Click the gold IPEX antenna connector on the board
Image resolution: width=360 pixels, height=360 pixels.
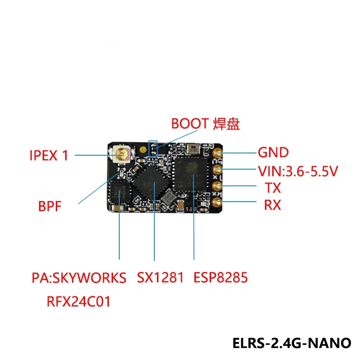coord(122,155)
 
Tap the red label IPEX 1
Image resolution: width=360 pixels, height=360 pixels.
coord(49,156)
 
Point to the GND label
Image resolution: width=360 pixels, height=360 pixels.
coord(273,153)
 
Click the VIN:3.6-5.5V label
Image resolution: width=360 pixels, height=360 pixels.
coord(297,171)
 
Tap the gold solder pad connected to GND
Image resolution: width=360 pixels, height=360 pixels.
coord(218,153)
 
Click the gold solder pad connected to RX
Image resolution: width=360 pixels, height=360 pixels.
coord(218,202)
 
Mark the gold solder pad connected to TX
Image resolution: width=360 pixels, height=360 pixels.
coord(218,186)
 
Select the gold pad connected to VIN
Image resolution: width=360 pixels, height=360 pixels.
coord(218,170)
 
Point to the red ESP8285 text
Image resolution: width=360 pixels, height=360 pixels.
coord(220,278)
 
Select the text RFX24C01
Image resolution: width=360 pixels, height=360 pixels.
coord(78,301)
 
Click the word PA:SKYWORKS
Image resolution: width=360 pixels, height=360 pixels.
coord(79,278)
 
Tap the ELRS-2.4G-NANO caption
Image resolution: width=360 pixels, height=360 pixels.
coord(292,342)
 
